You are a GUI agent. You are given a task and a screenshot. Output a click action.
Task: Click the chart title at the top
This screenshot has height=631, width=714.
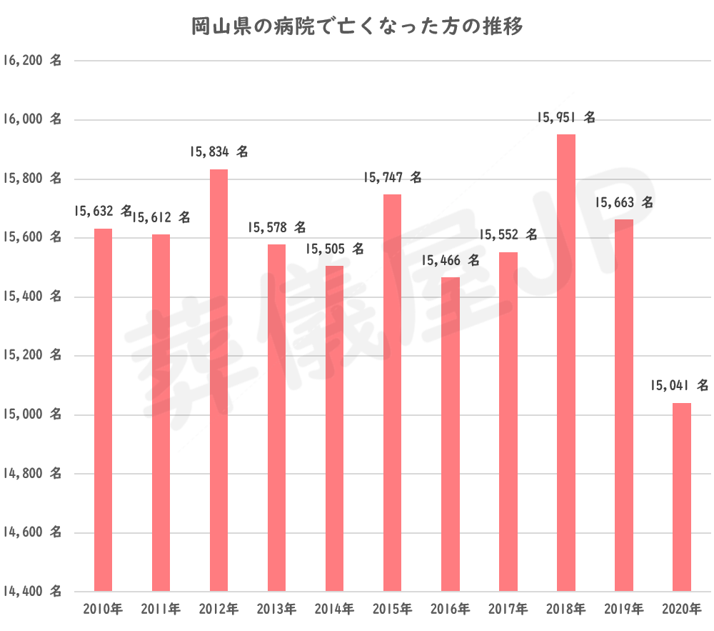357,27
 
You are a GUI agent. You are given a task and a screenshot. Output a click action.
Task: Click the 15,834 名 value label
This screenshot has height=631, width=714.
218,152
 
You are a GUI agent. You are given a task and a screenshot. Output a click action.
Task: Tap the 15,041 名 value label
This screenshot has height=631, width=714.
679,386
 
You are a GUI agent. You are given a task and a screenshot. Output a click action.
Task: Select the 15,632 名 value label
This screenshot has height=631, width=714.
103,212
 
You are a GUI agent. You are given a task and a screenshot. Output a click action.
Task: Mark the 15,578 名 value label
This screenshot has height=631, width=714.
276,228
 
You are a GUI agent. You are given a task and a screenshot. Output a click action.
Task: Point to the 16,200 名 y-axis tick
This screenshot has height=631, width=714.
31,61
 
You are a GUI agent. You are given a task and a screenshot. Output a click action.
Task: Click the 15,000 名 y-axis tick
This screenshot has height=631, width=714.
31,414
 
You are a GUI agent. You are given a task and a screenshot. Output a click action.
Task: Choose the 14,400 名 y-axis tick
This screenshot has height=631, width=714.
31,592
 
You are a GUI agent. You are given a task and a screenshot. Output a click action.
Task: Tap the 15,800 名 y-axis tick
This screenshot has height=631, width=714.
31,179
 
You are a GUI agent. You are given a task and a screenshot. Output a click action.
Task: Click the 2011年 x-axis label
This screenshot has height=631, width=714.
161,610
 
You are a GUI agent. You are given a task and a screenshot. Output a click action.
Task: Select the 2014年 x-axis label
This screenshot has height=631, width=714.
334,610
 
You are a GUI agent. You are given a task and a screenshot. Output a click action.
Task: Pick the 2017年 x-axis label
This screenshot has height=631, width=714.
508,610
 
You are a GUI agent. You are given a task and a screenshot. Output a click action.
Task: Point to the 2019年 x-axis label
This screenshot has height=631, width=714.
624,610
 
